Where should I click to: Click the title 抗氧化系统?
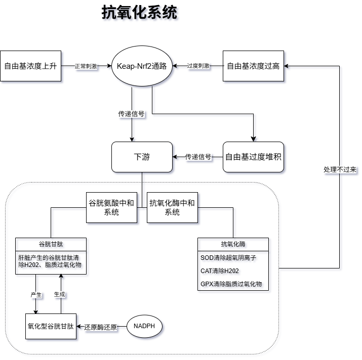tap(139, 13)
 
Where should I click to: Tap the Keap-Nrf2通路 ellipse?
tap(142, 66)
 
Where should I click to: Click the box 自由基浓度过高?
tap(253, 66)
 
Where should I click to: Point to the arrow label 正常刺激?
tap(86, 66)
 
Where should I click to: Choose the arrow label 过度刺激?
tap(198, 66)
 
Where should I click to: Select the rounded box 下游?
tap(142, 157)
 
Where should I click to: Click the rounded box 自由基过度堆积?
tap(253, 157)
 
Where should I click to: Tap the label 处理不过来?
tap(340, 170)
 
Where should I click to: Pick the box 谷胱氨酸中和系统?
tap(111, 208)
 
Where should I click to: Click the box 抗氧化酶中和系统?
tap(172, 208)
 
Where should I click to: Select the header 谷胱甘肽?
tap(51, 244)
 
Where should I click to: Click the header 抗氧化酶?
tap(233, 244)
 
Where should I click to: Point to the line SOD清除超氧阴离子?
tap(228, 257)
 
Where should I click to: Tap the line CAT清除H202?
tap(220, 271)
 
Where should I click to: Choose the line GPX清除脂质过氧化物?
tap(231, 284)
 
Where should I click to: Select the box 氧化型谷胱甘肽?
tap(51, 327)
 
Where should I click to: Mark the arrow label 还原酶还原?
tap(101, 327)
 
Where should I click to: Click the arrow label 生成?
tap(60, 294)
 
